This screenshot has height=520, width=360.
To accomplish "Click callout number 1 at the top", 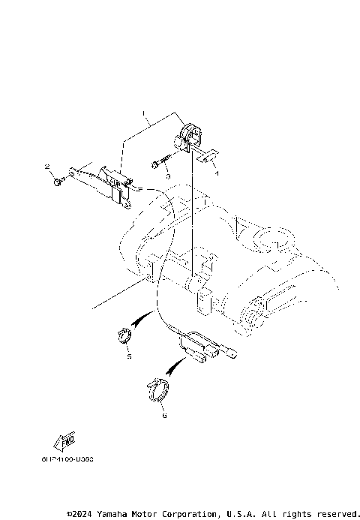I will point(145,115).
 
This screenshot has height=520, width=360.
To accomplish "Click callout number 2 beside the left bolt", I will point(46,166).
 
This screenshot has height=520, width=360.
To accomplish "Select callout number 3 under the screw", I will point(168,176).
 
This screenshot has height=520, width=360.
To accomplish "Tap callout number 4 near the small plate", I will point(217,173).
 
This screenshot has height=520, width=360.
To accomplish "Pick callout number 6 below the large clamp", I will point(164,413).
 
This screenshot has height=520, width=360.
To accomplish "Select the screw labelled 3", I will point(158,163).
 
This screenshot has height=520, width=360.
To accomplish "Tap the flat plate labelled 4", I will point(205,156).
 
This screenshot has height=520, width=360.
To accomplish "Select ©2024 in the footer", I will point(77,513).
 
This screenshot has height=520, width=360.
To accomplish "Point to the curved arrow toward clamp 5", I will point(141,323).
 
